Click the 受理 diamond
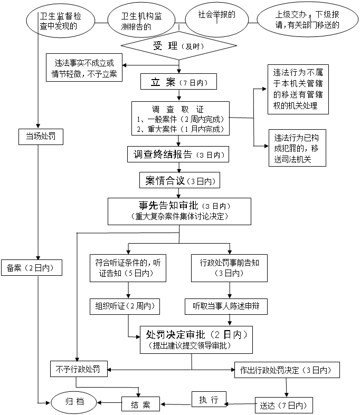179,45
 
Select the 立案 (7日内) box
178,82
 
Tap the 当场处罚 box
41,137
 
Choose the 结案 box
140,404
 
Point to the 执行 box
209,399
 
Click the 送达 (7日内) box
284,405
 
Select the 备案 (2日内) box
32,267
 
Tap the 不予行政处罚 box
79,369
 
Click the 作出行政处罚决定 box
287,370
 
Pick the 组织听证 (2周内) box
125,306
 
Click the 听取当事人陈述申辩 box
226,306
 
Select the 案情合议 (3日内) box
179,180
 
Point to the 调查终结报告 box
178,155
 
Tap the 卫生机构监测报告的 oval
141,20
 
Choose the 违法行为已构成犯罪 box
298,148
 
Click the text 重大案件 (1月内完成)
181,129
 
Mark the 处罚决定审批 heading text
176,335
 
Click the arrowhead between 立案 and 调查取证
179,99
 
